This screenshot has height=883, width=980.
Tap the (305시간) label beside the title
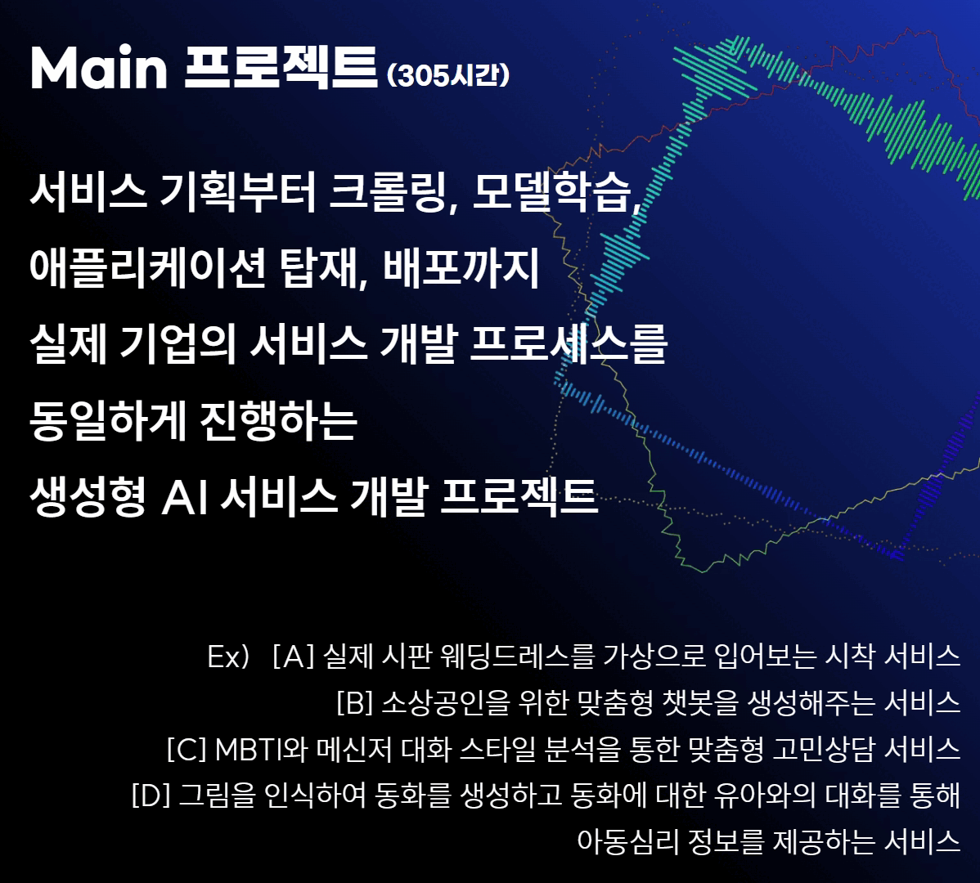point(448,75)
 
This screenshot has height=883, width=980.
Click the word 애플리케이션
point(147,267)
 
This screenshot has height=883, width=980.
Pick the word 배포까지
point(461,267)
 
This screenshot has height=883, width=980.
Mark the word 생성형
point(88,496)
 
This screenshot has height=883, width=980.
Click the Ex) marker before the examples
point(228,657)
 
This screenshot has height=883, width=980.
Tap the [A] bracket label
point(293,657)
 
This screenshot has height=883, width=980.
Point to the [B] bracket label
point(354,702)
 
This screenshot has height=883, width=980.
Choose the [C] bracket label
point(187,749)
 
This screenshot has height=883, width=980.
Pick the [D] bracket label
point(151,795)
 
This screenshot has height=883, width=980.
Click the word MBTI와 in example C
point(261,749)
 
